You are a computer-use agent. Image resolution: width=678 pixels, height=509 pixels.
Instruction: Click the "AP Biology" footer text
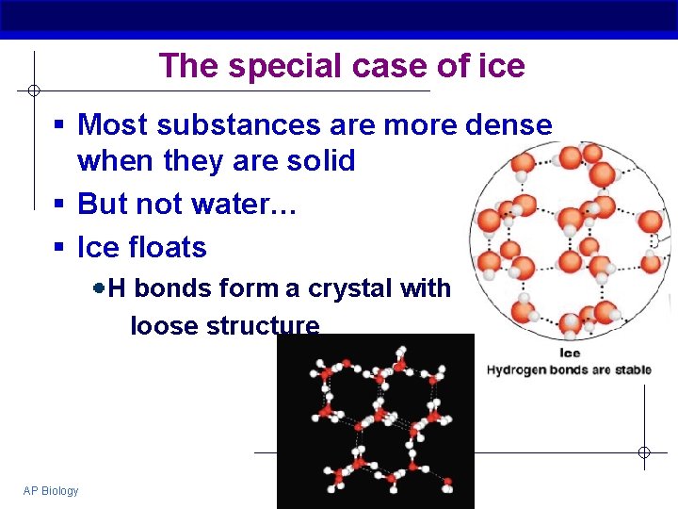point(51,490)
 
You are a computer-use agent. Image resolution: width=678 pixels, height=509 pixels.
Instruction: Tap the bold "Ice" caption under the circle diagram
point(570,353)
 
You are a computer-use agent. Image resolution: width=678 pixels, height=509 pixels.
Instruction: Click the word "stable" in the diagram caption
point(632,369)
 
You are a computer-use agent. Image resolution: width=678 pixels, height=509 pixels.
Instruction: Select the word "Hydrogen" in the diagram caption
point(515,369)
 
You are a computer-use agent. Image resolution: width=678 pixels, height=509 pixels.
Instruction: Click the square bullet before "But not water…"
point(58,205)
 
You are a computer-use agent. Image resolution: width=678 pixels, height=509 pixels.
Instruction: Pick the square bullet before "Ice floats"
point(58,248)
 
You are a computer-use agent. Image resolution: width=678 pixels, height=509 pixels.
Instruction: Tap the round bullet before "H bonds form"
point(99,287)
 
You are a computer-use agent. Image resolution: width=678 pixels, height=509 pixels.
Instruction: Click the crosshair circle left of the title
point(33,90)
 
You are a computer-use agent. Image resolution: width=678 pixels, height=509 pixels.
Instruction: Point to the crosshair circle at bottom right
point(644,452)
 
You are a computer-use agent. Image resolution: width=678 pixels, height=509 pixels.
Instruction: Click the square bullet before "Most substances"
point(58,125)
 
